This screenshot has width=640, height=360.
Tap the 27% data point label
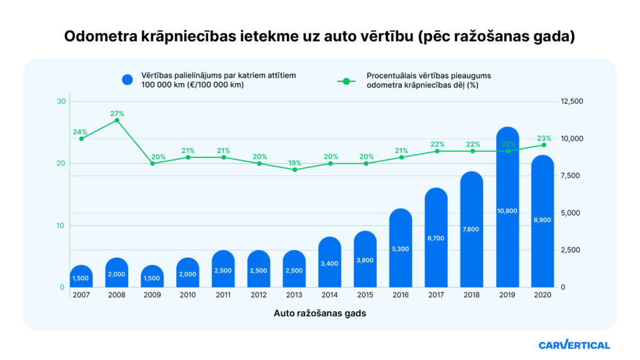[x=117, y=113]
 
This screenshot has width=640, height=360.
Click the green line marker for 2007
[x=81, y=139]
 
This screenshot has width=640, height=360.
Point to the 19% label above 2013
[x=294, y=162]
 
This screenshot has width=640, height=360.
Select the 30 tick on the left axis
[x=61, y=101]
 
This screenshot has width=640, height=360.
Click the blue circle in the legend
[x=128, y=80]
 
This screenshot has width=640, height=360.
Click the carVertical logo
[x=574, y=344]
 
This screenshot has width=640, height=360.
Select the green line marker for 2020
[x=543, y=145]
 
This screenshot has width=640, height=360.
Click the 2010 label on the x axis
[x=188, y=294]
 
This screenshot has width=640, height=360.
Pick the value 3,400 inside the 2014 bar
[x=330, y=264]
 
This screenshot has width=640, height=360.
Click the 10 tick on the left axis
[x=61, y=225]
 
